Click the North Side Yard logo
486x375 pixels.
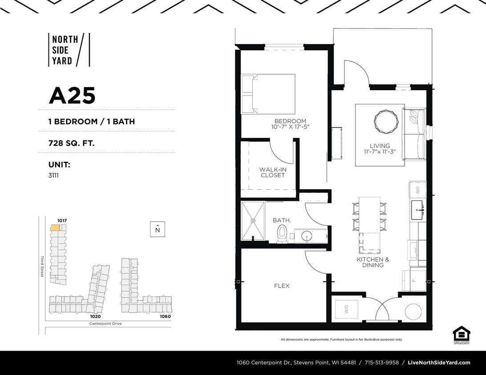click(x=69, y=50)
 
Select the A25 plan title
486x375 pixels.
click(x=72, y=96)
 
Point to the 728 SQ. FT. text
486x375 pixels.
click(x=71, y=143)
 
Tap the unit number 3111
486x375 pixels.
click(x=53, y=175)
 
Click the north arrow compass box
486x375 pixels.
click(x=158, y=229)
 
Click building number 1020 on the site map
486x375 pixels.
click(x=95, y=317)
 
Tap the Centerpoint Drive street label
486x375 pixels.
click(x=105, y=323)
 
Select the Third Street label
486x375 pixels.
click(x=42, y=267)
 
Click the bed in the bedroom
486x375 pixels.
click(x=268, y=94)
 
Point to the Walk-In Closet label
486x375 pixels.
click(x=272, y=172)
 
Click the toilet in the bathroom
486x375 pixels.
click(x=282, y=233)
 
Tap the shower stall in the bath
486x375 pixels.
click(x=253, y=221)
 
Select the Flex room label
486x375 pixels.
click(x=281, y=286)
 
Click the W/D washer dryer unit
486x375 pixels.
click(x=346, y=310)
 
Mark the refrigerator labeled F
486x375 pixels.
click(x=413, y=280)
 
